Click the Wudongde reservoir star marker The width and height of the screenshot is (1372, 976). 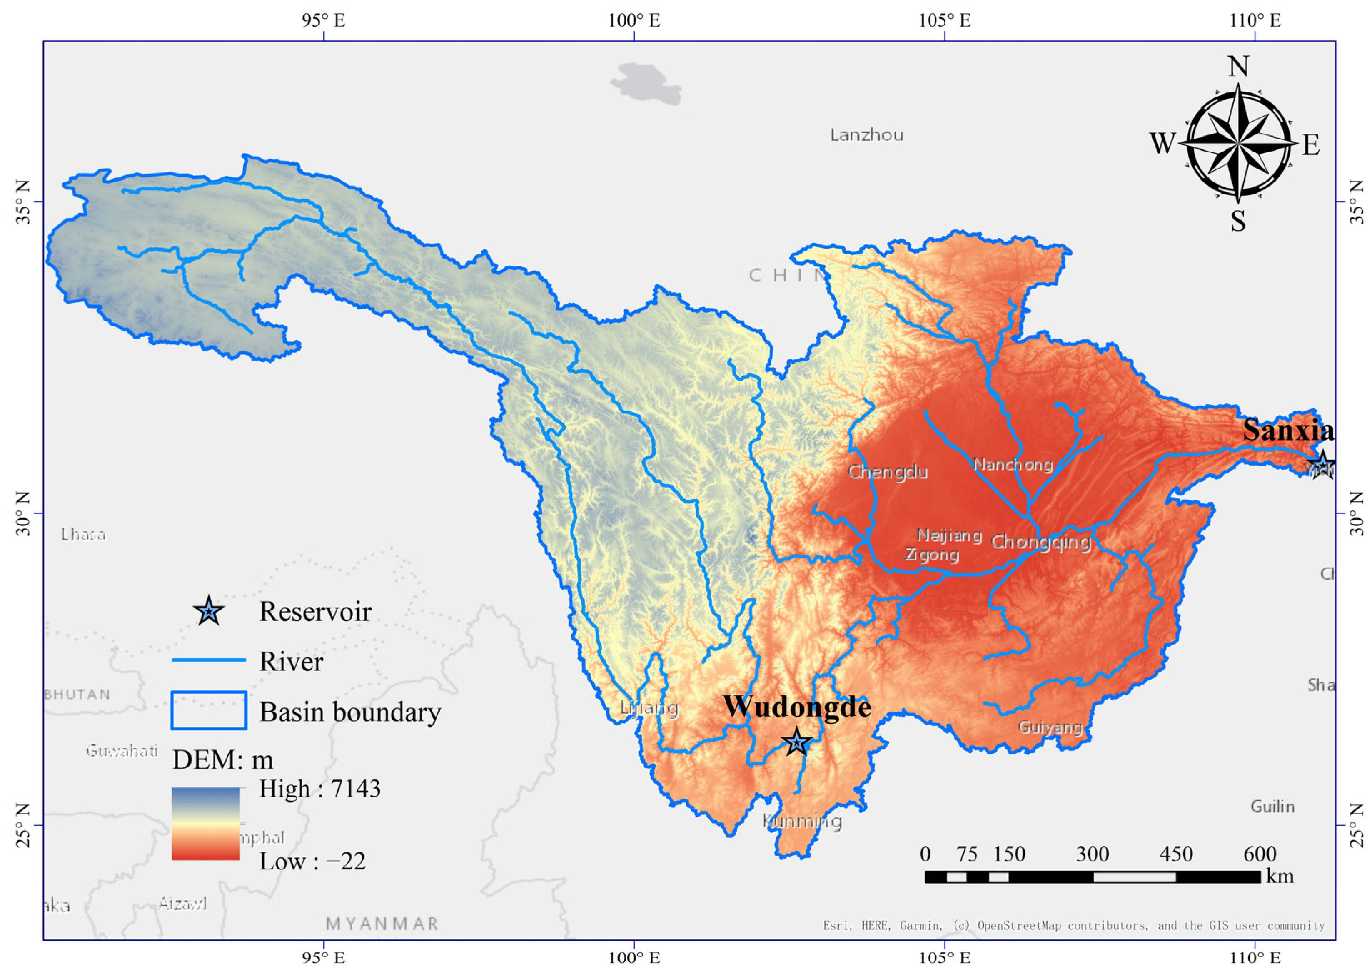coord(796,743)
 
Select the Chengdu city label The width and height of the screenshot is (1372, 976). coord(888,472)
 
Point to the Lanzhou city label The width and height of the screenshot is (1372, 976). coord(866,135)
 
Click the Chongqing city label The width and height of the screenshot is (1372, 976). coord(1041,542)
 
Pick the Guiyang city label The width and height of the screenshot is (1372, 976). coord(1050,727)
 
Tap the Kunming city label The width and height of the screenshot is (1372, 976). coord(802,821)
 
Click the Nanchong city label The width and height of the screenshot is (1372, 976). coord(1013,464)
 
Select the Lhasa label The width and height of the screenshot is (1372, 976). coord(84,534)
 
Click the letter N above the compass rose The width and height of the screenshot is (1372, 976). coord(1238,66)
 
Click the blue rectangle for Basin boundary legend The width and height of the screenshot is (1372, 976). coord(209,710)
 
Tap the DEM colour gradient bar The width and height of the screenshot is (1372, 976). coord(206,823)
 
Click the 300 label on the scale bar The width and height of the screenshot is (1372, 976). coord(1092,854)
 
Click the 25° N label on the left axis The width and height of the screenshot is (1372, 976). coord(23,824)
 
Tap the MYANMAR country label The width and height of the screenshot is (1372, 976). coord(382,924)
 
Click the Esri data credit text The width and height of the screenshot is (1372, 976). coord(1073,926)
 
